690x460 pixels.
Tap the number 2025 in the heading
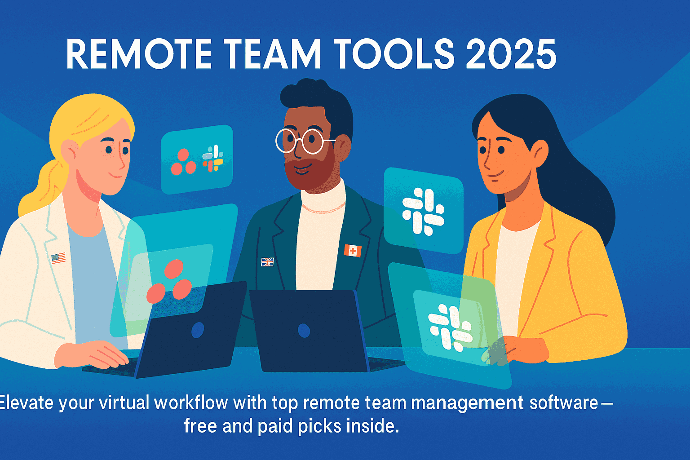tap(511, 54)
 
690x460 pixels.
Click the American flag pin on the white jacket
tap(58, 258)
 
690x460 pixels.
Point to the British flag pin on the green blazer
tap(267, 261)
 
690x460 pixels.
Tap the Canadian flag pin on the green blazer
tap(353, 251)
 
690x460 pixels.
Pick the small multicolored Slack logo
tap(213, 158)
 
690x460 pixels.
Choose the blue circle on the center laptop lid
tap(304, 331)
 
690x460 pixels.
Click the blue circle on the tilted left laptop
tap(198, 330)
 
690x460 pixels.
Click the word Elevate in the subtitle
tap(27, 402)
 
